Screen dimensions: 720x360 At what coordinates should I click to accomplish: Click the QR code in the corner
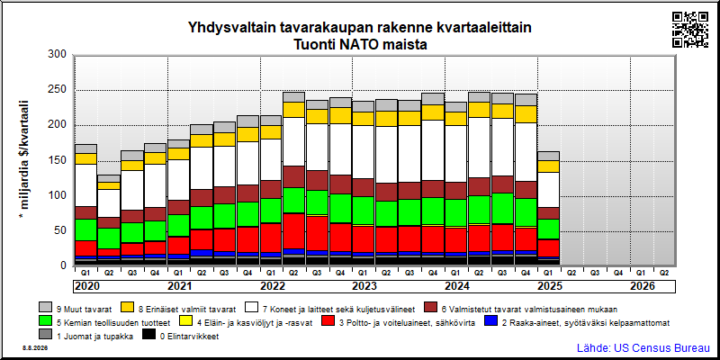pos(690,30)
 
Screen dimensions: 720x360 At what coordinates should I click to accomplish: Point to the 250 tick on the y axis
pos(58,90)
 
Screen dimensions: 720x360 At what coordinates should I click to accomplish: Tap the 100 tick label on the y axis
pos(58,195)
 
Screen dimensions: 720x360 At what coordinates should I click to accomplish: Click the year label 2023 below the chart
pos(364,286)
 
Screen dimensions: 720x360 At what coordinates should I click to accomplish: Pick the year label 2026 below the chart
pos(643,286)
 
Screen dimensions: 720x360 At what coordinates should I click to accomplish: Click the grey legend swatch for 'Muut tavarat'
pos(45,307)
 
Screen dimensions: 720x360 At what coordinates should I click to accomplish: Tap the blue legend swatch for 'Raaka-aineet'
pos(490,322)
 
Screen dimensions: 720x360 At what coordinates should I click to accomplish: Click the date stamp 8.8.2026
pos(34,348)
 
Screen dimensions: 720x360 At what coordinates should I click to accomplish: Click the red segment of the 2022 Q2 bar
pos(294,231)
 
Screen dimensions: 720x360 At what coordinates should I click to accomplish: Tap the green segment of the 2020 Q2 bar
pos(109,238)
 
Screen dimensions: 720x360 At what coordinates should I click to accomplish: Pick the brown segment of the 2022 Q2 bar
pos(294,177)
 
